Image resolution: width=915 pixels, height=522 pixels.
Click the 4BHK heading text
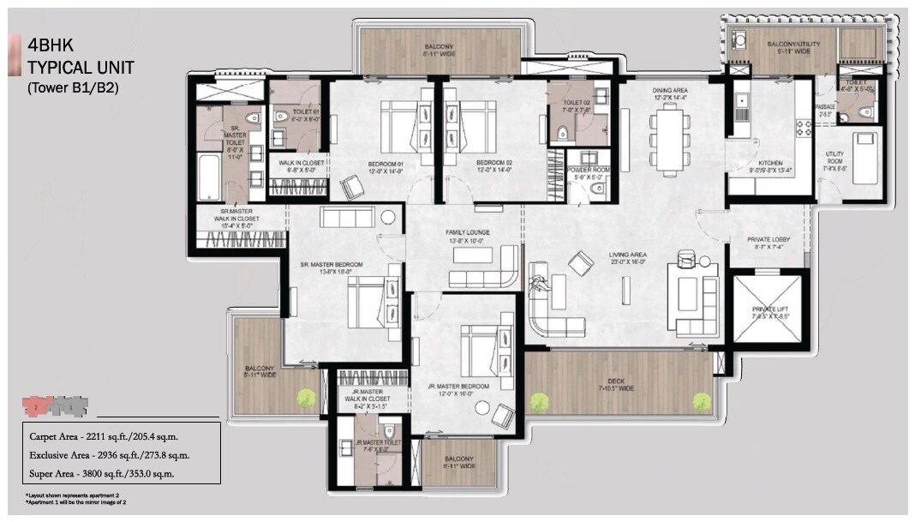tap(49, 45)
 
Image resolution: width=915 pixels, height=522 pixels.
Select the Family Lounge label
tap(465, 237)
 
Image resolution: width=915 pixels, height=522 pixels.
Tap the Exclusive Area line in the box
tap(110, 455)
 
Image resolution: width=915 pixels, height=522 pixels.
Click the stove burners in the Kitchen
tap(804, 128)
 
